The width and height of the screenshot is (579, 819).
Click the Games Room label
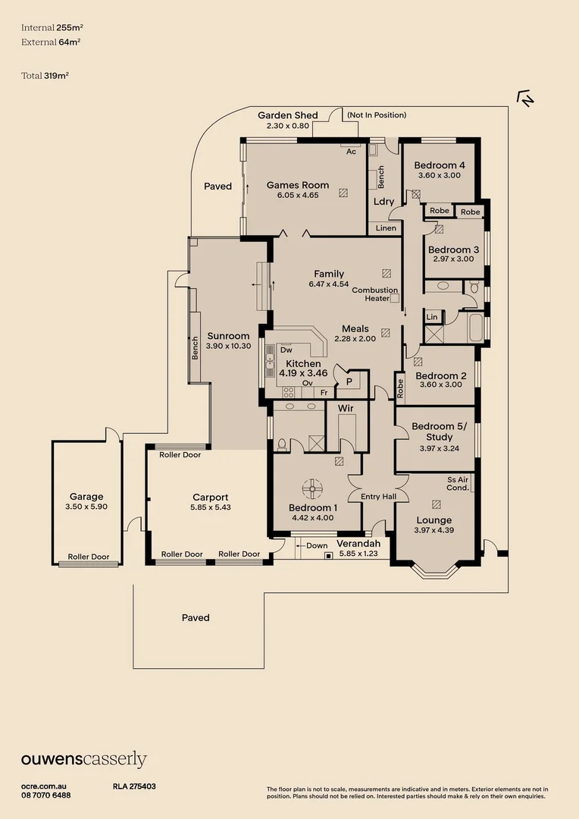[298, 184]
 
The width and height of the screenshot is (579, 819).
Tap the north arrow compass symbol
[524, 98]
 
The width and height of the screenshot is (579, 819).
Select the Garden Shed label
[287, 115]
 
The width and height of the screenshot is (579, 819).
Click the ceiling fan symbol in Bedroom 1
[312, 487]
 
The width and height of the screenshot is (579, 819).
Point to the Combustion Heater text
[374, 294]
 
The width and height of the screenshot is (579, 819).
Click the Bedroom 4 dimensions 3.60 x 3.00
[439, 175]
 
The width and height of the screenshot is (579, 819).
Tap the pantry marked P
[349, 382]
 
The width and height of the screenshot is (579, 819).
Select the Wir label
[346, 408]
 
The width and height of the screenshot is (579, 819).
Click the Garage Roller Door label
[89, 557]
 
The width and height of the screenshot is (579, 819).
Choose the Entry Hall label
[377, 497]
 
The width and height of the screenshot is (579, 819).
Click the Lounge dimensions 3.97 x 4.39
[433, 530]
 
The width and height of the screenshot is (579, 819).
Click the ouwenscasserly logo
[83, 760]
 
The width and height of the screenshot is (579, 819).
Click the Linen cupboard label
[384, 227]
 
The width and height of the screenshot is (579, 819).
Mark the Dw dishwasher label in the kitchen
[286, 350]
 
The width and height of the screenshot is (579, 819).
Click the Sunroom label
[228, 336]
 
